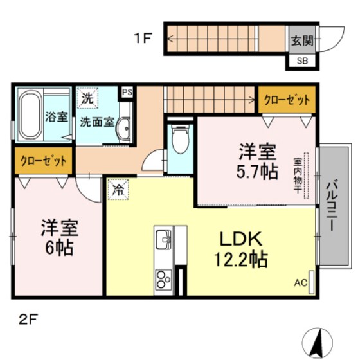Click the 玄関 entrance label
point(301,40)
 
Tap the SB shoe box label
point(301,61)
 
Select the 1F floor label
point(143,38)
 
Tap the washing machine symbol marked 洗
point(87,100)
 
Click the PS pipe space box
point(127,92)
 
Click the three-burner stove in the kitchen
point(161,278)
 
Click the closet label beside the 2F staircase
point(287,100)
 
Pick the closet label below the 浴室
point(43,160)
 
